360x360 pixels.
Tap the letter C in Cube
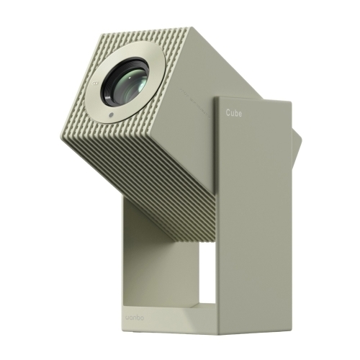tap(228, 113)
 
